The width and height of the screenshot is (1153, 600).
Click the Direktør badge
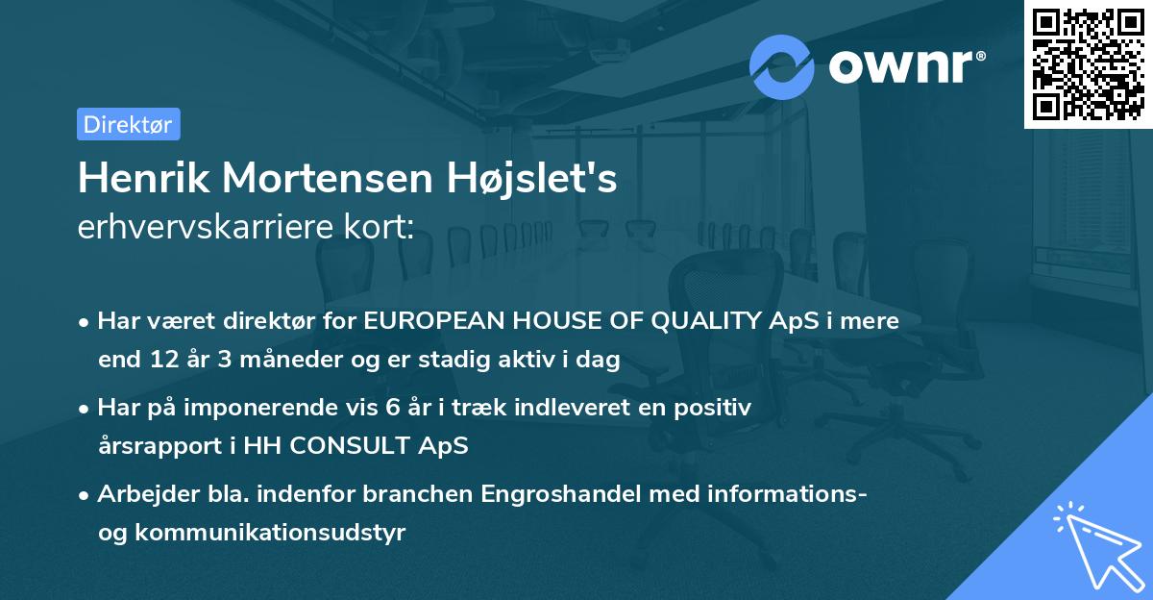(128, 124)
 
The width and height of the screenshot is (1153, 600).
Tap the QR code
(1087, 63)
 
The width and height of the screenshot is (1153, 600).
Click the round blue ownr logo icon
(782, 66)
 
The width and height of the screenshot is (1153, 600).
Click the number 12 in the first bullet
(159, 361)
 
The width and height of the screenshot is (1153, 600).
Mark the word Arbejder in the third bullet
(139, 494)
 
